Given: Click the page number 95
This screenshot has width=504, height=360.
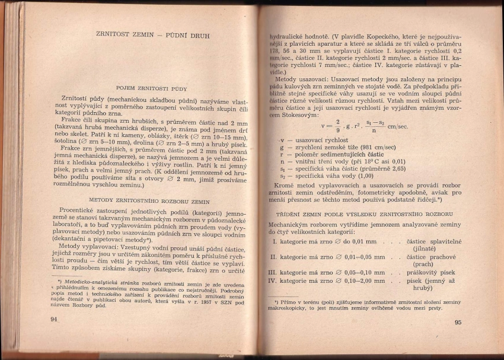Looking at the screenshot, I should (457, 323).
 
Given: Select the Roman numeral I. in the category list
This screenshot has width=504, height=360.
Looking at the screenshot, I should (274, 241).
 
